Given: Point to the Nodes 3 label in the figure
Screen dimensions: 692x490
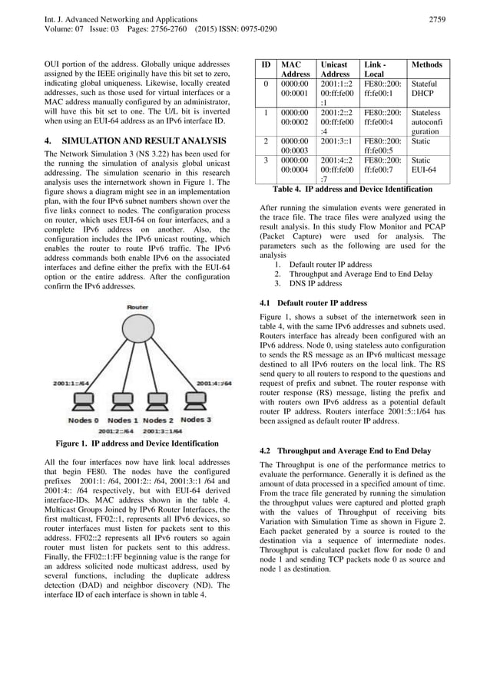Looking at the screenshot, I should pyautogui.click(x=196, y=420).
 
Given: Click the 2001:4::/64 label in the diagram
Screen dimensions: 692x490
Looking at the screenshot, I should pyautogui.click(x=214, y=382).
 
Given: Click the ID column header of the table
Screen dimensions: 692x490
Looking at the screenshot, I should pyautogui.click(x=266, y=65).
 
